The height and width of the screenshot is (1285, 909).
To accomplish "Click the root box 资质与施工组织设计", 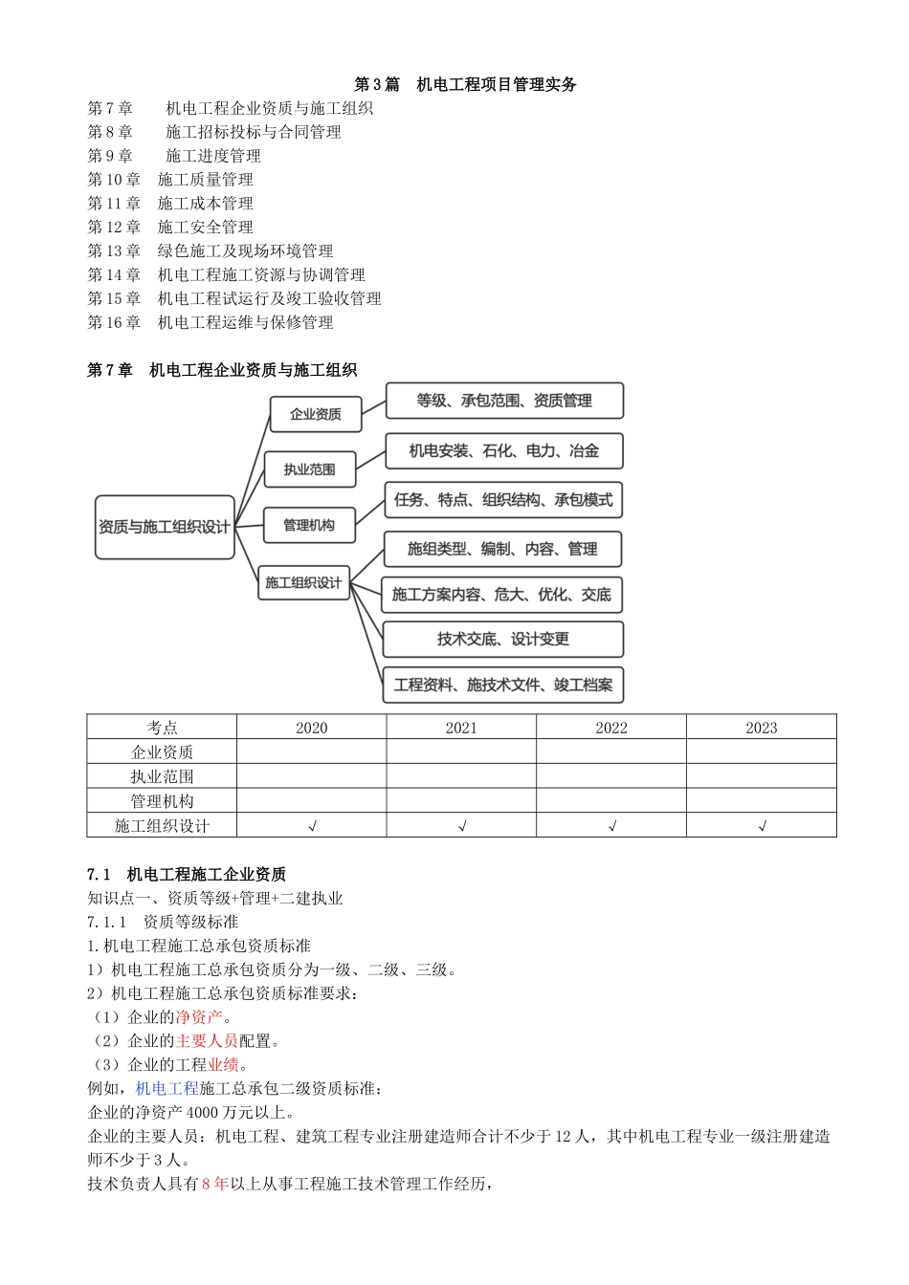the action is point(165,527).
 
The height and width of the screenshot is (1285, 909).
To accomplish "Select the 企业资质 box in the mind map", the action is point(315,414).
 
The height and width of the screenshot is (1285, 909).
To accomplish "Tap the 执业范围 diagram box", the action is point(309,469).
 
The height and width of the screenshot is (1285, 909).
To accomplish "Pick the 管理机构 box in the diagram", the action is point(308,525).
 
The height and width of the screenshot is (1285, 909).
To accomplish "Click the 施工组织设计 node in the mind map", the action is point(302,582).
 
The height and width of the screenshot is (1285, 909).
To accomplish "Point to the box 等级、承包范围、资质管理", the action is point(503,401).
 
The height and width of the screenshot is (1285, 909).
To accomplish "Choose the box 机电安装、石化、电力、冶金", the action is point(503,450).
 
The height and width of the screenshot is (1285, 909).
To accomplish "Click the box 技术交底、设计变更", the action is point(502,639).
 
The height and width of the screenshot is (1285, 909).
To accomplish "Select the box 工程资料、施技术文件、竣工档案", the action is point(502,685).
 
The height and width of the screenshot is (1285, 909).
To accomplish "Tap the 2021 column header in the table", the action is point(461,728).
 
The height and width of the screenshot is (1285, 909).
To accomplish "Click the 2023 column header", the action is point(761,728).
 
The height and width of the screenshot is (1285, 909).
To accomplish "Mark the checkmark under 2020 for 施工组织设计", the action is point(312,826).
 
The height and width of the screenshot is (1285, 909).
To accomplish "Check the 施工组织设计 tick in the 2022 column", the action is point(611,826).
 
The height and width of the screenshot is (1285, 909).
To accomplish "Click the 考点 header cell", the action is point(162,728).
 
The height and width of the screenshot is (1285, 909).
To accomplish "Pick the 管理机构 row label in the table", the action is point(162,801).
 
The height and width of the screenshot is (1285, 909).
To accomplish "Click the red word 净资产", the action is point(199,1017).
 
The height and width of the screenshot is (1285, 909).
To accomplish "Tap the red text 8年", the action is point(214,1184).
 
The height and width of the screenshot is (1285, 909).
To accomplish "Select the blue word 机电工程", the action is point(166,1088).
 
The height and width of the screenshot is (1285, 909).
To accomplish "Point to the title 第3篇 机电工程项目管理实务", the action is point(465,84).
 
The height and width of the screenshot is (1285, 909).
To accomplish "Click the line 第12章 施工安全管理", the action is point(170,227).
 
